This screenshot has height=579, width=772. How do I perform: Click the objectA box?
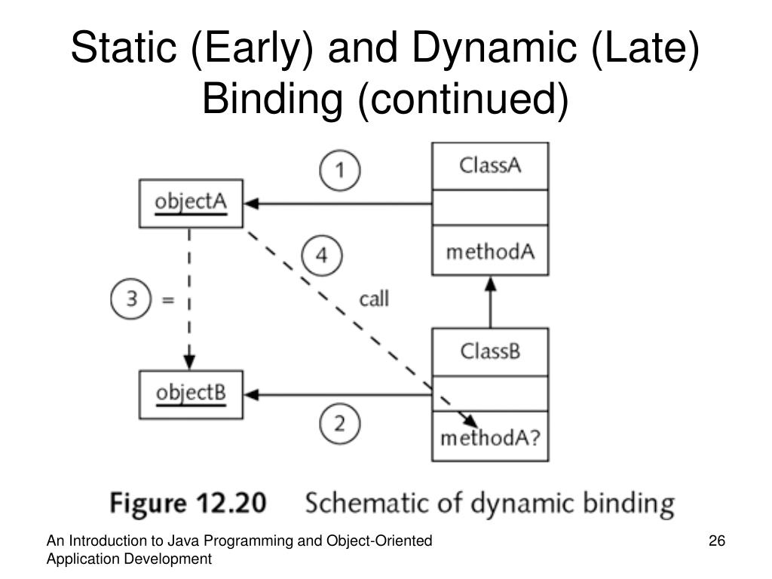[191, 204]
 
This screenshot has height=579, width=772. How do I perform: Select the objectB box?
[191, 394]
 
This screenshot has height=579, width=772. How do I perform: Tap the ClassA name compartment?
[490, 166]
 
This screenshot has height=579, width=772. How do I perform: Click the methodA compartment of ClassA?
[490, 251]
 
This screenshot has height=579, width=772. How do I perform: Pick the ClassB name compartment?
[490, 351]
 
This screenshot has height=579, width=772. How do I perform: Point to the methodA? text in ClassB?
[490, 437]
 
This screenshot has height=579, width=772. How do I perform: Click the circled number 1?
[340, 171]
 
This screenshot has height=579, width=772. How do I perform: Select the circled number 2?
[340, 424]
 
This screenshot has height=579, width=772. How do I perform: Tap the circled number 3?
[131, 299]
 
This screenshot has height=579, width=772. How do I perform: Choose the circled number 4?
[322, 256]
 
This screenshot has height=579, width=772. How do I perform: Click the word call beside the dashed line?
[373, 299]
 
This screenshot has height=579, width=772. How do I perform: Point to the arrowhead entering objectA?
[251, 204]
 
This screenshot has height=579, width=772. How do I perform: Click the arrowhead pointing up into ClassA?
[490, 283]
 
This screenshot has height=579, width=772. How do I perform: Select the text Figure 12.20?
[188, 504]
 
